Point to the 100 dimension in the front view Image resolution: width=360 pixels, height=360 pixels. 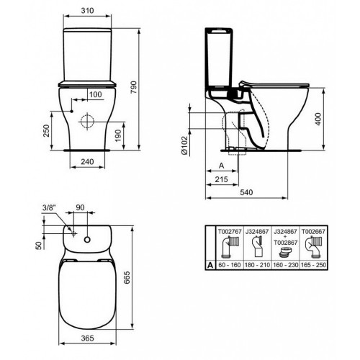(94, 94)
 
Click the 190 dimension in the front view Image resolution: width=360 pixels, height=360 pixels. (127, 131)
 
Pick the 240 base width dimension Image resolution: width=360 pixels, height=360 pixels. (87, 163)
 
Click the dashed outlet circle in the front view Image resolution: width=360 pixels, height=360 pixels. (88, 120)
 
